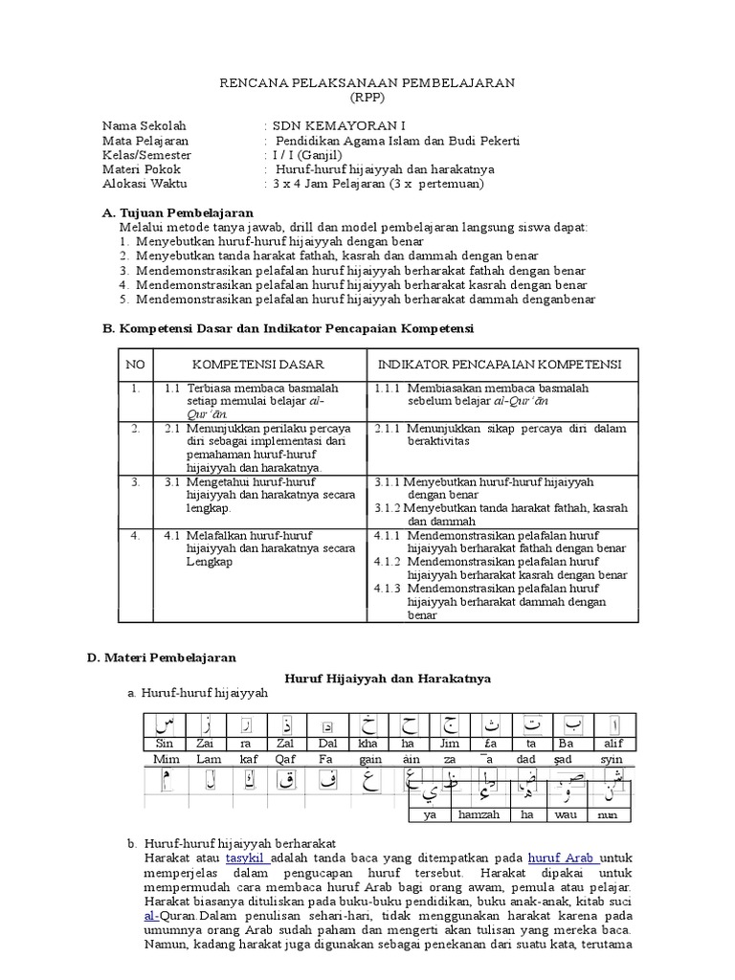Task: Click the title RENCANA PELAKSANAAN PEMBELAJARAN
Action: click(368, 83)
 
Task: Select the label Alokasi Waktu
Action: click(145, 184)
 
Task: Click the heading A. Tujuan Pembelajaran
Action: click(177, 212)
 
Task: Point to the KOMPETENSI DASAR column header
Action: click(258, 365)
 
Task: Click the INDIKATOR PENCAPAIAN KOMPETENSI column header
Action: click(500, 365)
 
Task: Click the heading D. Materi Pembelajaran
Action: click(161, 657)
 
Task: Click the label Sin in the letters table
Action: click(164, 744)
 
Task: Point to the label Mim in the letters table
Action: click(167, 759)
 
